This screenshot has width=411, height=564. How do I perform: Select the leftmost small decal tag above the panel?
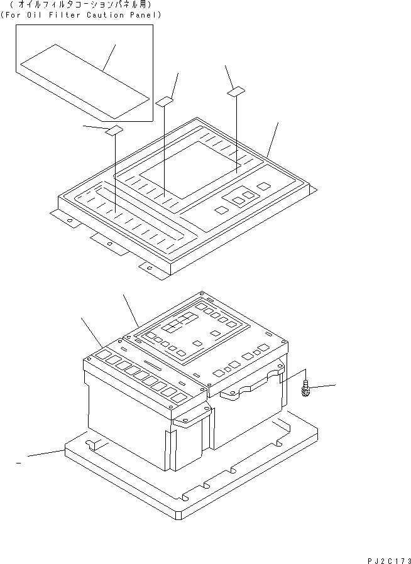pos(115,131)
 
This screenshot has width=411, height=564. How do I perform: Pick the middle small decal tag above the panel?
pos(165,101)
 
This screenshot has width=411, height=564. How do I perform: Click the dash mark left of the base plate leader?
pos(18,462)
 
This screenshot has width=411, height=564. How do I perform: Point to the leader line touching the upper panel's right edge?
pos(272,139)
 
